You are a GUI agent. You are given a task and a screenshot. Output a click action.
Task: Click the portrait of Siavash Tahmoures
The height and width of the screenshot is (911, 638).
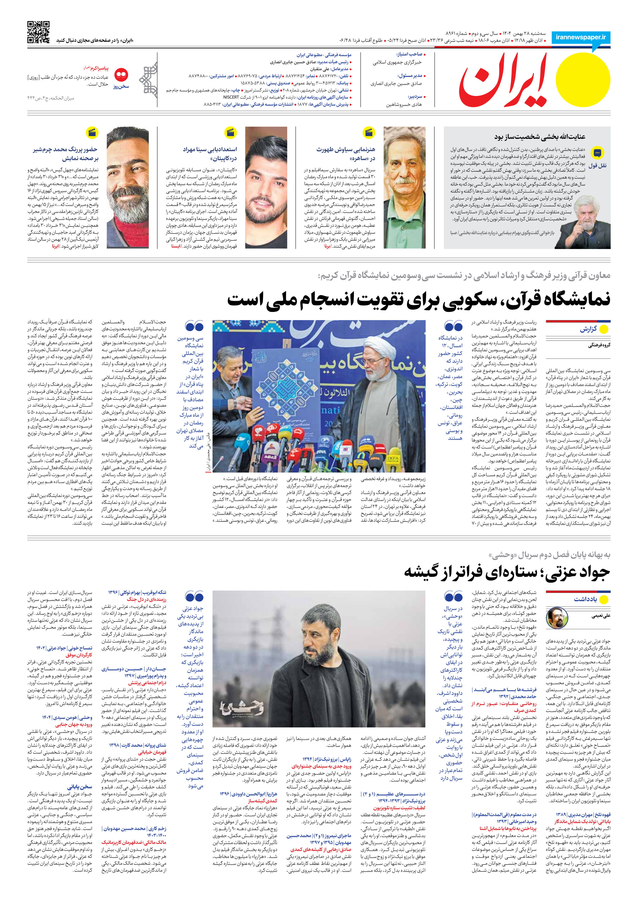tap(404, 187)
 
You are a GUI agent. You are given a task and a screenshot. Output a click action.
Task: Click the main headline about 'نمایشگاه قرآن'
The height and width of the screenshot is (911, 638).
tap(419, 299)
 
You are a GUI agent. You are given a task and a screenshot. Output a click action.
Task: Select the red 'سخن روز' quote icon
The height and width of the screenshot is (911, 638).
tap(121, 74)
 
